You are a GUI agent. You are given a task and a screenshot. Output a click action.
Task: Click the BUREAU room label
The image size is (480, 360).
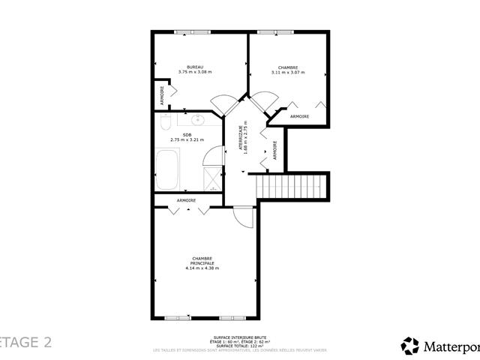click(196, 66)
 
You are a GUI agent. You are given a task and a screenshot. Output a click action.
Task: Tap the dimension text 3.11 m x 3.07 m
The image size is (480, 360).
click(287, 72)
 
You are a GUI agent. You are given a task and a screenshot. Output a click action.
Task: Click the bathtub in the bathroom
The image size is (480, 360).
click(167, 169)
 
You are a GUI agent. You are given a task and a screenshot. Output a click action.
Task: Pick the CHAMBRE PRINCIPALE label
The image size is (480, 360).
click(202, 259)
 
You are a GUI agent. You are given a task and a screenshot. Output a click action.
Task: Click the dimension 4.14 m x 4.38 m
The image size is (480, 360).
click(202, 268)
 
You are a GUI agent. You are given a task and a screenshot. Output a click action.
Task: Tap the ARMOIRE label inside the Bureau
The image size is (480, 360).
click(161, 95)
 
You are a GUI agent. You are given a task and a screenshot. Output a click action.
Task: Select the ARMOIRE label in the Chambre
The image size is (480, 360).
click(300, 116)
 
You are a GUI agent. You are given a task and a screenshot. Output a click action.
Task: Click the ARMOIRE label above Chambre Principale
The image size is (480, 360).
click(187, 200)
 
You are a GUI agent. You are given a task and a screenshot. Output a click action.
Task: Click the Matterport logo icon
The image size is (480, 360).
click(410, 346)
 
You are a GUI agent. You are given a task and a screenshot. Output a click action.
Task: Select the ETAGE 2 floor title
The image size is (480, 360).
click(26, 342)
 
